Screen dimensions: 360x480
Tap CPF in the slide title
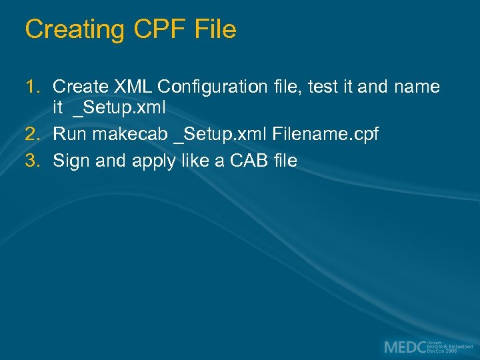tap(151, 30)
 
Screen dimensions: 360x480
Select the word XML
tap(133, 87)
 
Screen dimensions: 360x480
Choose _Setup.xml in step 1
tap(119, 107)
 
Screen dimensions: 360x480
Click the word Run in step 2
tap(70, 134)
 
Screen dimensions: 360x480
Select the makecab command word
tap(130, 134)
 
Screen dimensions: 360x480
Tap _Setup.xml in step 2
tap(220, 134)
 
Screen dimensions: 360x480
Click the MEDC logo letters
tap(404, 347)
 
